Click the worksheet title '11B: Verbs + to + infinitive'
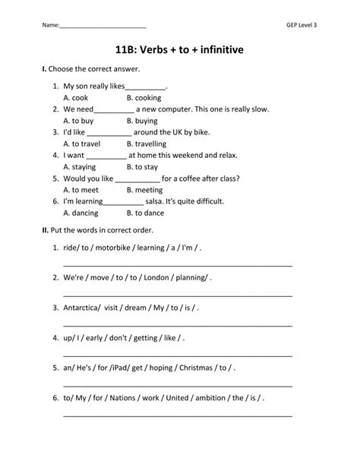click(180, 50)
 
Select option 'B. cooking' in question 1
click(144, 98)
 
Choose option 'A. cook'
click(77, 98)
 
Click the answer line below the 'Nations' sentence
click(178, 415)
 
